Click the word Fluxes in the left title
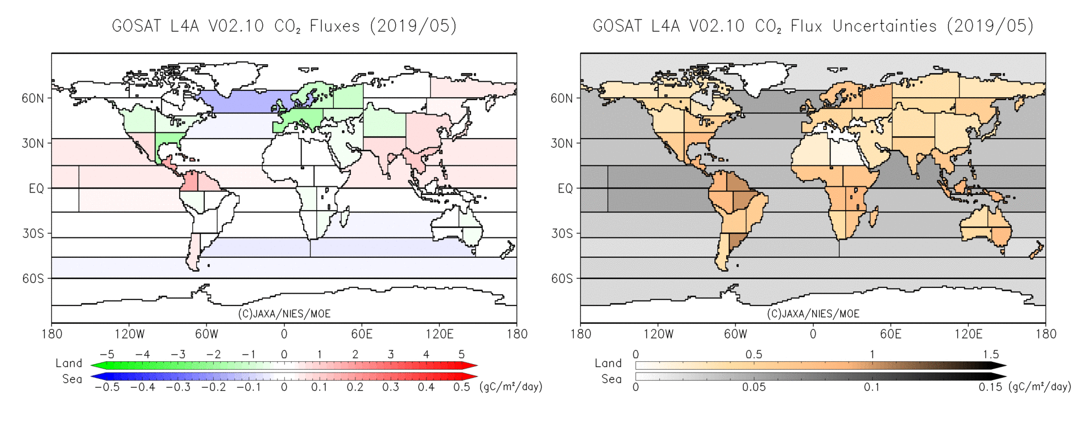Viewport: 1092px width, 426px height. (334, 26)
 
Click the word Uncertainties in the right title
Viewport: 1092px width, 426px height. (884, 26)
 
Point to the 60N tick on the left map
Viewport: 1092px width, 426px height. (32, 98)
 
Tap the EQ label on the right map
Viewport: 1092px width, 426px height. (565, 189)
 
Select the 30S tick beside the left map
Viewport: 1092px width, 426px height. (32, 233)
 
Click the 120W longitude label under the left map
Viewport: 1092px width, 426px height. (130, 334)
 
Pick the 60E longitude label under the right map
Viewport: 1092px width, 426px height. (891, 334)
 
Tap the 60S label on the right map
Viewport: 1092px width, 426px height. (561, 278)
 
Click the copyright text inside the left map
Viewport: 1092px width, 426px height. (284, 314)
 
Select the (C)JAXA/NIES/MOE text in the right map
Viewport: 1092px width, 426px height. (813, 314)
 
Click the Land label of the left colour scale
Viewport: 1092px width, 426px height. (69, 363)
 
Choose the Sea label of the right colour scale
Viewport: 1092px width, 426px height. (611, 379)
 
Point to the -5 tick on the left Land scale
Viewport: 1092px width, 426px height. (107, 354)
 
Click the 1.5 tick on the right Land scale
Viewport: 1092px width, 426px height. (990, 354)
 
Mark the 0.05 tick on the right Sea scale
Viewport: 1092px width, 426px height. (754, 387)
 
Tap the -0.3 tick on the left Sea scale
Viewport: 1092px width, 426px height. (178, 387)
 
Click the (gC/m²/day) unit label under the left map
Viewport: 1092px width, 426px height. (511, 387)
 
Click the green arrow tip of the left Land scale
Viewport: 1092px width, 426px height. (95, 366)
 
